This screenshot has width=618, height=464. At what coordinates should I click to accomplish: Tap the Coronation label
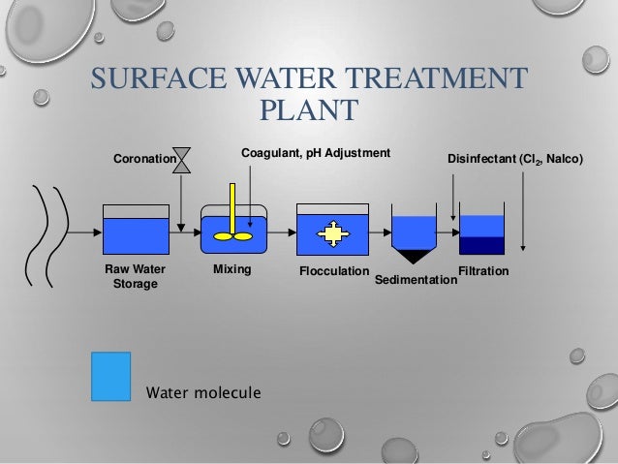141,158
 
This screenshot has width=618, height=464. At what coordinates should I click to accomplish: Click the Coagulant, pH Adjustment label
315,153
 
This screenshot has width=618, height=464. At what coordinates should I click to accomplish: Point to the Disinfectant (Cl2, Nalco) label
514,158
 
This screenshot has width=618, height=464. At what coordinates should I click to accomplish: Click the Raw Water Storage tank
136,232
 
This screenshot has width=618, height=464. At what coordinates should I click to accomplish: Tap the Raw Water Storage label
136,275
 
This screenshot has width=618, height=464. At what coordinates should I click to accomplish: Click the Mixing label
231,268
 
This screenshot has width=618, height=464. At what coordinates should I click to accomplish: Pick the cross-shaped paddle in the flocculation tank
332,233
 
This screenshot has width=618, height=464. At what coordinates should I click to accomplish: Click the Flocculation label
334,270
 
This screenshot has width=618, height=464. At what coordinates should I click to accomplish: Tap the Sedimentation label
416,279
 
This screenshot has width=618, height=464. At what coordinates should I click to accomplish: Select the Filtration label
482,270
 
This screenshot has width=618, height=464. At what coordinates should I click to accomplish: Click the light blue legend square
110,376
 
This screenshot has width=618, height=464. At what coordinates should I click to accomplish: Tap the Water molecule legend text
202,392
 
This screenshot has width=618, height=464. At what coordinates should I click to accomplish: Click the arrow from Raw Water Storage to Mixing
184,233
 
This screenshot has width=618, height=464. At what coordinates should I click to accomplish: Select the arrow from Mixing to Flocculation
282,233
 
